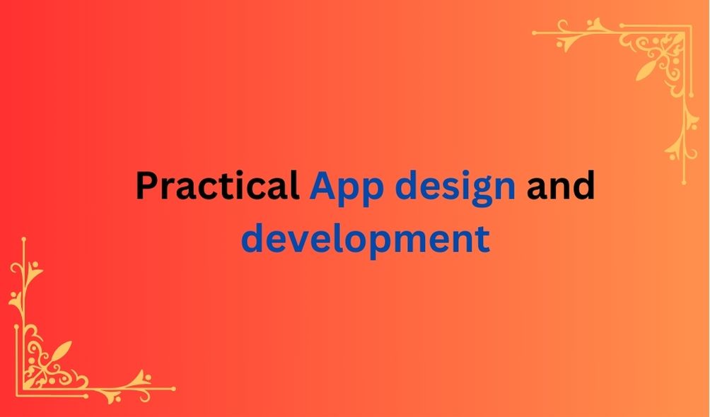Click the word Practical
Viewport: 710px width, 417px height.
click(x=217, y=185)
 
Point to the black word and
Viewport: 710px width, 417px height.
click(x=561, y=184)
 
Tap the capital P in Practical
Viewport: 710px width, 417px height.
click(x=146, y=185)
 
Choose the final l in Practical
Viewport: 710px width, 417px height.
click(x=295, y=184)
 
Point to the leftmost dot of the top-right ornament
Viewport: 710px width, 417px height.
click(x=535, y=33)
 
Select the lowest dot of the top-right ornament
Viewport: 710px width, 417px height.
click(x=685, y=182)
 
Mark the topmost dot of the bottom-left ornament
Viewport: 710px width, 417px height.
click(x=23, y=239)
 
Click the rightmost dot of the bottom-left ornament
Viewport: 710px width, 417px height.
click(x=173, y=389)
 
